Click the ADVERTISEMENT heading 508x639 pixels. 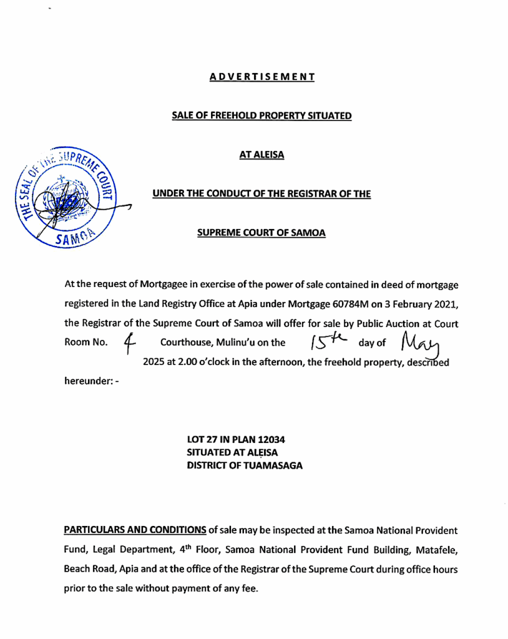tap(261, 77)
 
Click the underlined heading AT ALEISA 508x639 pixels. tap(261, 154)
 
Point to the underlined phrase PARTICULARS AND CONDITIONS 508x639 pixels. tap(135, 530)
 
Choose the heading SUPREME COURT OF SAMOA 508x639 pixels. tap(261, 233)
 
